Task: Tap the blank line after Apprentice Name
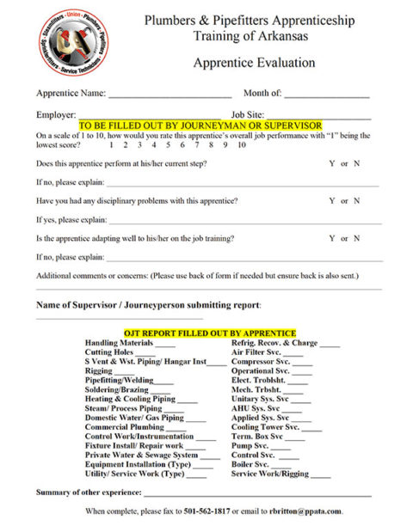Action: coord(170,95)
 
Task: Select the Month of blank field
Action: coord(326,95)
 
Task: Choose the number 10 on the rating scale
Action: coord(242,145)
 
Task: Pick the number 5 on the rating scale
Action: coord(169,145)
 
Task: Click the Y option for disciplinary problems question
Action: coord(332,201)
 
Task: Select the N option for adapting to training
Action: coord(357,239)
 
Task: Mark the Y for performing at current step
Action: coord(332,163)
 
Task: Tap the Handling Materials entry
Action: coord(119,343)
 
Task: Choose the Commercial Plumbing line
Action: coord(124,427)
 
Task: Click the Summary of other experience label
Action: coord(89,492)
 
